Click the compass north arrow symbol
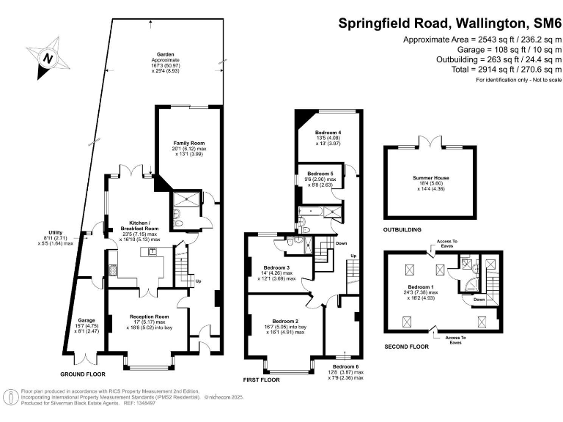pyautogui.click(x=48, y=58)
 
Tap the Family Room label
pyautogui.click(x=188, y=143)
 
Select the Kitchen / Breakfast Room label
pyautogui.click(x=139, y=222)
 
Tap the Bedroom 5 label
pyautogui.click(x=321, y=174)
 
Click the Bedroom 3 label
pyautogui.click(x=278, y=268)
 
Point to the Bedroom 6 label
pyautogui.click(x=345, y=366)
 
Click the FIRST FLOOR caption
pyautogui.click(x=263, y=380)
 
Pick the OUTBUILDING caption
pyautogui.click(x=403, y=230)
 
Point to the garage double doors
pyautogui.click(x=87, y=358)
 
